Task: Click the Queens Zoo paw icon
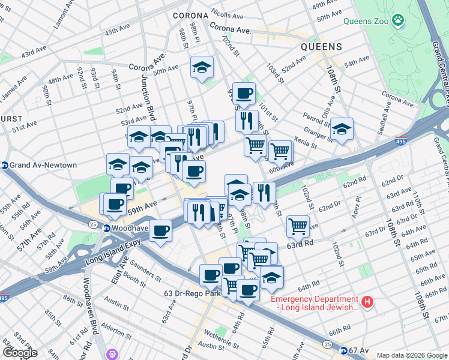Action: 397,21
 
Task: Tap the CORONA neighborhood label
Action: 190,16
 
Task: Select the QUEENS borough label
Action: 321,46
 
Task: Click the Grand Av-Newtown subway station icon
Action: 5,165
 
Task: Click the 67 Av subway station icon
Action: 343,350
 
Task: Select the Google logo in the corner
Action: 20,352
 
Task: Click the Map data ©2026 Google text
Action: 412,355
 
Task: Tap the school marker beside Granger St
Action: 342,129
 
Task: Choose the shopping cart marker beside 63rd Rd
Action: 298,226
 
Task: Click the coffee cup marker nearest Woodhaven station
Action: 160,230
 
